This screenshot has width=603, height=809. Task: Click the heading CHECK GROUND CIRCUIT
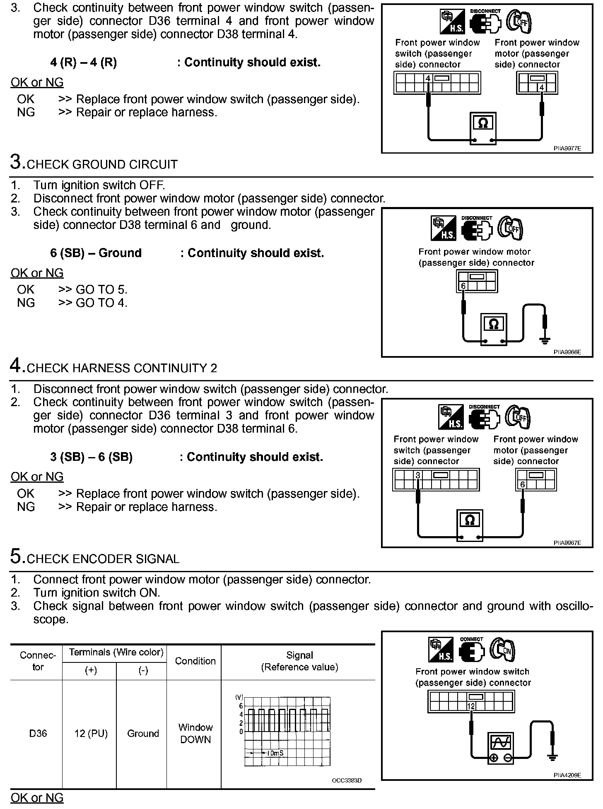pos(102,164)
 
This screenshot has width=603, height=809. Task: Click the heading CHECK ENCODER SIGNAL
pos(103,559)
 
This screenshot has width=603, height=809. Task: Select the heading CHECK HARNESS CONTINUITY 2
pos(122,368)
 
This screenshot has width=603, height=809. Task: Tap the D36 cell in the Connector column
pos(38,733)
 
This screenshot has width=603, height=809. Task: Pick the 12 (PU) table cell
pos(91,733)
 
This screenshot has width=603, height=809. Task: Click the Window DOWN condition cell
pos(195,733)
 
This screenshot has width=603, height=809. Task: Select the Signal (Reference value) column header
pos(299,661)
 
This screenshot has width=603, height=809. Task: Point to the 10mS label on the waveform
pos(275,753)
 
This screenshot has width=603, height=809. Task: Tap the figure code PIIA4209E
pos(567,775)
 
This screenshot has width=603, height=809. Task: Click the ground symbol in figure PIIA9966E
pos(545,340)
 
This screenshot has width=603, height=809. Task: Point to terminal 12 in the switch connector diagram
pos(471,706)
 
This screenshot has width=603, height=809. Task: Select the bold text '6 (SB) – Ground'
pos(96,253)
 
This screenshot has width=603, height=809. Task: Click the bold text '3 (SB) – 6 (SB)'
pos(91,457)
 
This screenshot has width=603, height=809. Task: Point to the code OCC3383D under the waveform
pos(347,780)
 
